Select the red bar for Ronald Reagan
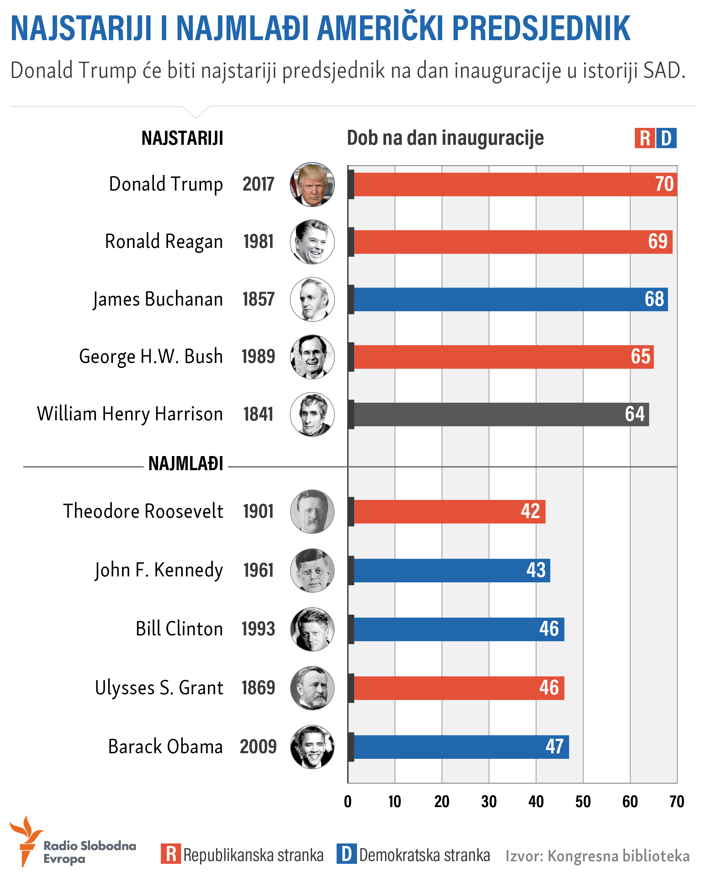(512, 242)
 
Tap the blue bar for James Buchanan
(510, 299)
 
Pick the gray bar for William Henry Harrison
(499, 414)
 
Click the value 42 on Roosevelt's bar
(530, 511)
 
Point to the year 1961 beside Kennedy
(258, 570)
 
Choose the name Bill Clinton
(179, 629)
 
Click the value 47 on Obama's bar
(555, 747)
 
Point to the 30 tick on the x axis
(489, 802)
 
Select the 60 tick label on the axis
(630, 802)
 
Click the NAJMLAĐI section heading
(186, 464)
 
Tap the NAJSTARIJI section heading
(182, 138)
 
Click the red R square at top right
(645, 138)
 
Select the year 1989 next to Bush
(258, 356)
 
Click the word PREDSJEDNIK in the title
(541, 29)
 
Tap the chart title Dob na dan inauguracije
(445, 138)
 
